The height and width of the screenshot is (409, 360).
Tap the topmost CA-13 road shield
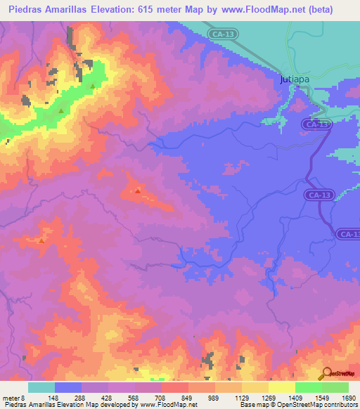pyautogui.click(x=223, y=33)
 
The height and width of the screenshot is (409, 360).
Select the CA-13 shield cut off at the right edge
pyautogui.click(x=348, y=234)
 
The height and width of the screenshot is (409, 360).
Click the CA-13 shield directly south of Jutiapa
pyautogui.click(x=317, y=124)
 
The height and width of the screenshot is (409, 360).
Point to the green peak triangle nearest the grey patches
pyautogui.click(x=92, y=86)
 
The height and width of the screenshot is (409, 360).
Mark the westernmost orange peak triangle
pyautogui.click(x=41, y=241)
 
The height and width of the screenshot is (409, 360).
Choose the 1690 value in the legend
pyautogui.click(x=348, y=398)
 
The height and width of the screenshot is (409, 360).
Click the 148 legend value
pyautogui.click(x=53, y=398)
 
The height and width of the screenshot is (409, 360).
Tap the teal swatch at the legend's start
pyautogui.click(x=41, y=387)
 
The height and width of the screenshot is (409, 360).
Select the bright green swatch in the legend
pyautogui.click(x=308, y=387)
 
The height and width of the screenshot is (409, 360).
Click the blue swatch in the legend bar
pyautogui.click(x=67, y=387)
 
